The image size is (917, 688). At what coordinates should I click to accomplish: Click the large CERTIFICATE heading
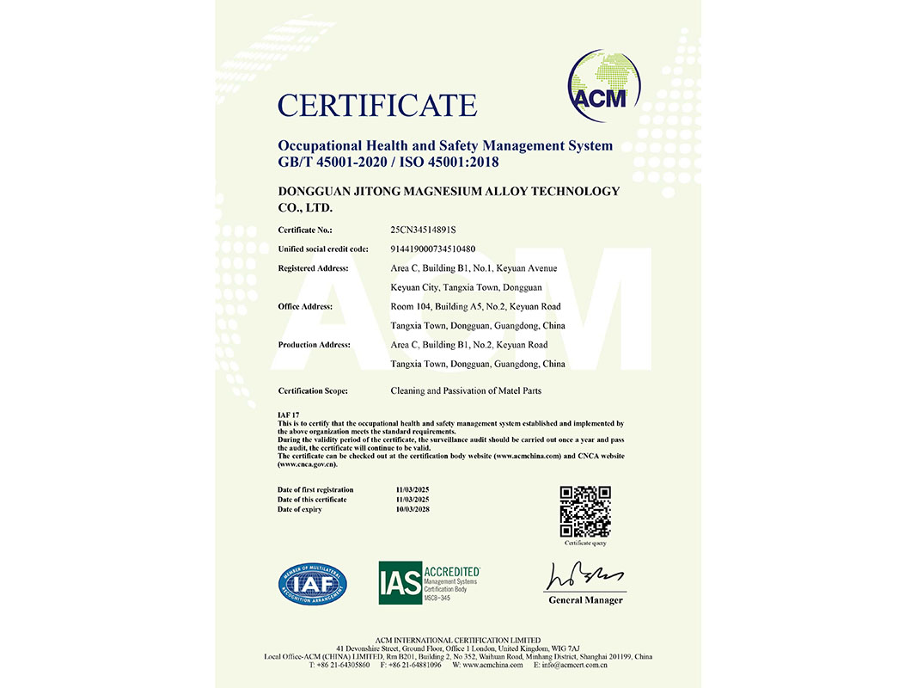376,106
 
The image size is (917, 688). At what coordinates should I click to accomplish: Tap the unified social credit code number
433,249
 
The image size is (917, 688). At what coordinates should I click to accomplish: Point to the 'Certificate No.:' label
305,230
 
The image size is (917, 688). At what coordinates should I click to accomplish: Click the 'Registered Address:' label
313,268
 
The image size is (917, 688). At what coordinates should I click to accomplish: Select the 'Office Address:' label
305,306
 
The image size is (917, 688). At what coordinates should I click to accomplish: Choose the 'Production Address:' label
314,345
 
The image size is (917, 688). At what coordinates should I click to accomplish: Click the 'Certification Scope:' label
313,391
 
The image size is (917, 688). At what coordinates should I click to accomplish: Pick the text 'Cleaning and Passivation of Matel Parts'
466,391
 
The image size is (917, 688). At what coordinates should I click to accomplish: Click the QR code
585,512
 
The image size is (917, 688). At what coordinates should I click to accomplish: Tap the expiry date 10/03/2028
413,510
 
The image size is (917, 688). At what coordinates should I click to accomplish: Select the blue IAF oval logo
312,583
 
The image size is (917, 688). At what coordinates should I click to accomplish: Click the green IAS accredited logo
429,582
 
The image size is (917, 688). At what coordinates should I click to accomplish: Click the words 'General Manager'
585,600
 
